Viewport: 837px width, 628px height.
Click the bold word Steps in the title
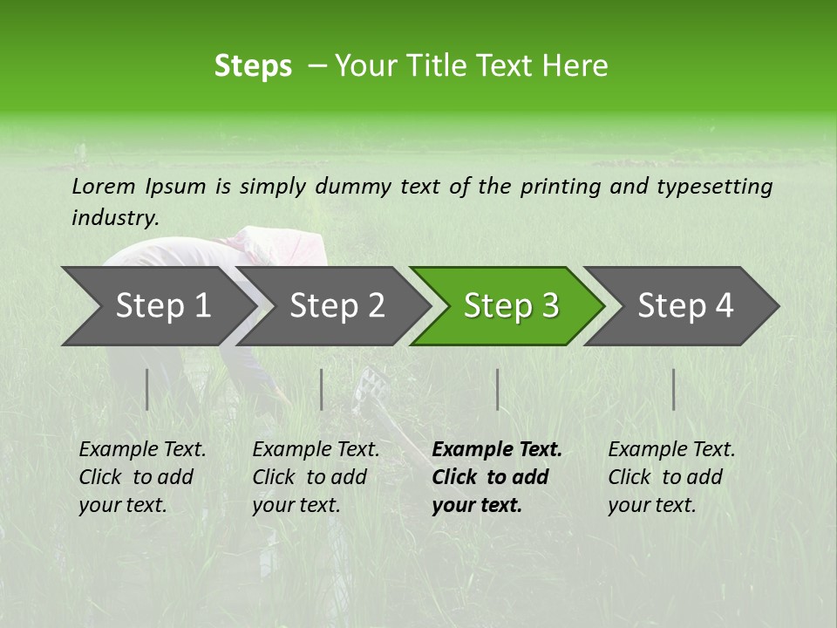[253, 66]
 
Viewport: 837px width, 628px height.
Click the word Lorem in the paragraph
[104, 186]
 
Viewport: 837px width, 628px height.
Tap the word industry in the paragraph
[114, 217]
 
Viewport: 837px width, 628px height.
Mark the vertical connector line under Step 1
[147, 389]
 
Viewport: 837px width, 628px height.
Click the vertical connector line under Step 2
[322, 389]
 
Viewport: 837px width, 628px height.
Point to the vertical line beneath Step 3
[497, 389]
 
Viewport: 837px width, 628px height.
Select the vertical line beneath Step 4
[674, 389]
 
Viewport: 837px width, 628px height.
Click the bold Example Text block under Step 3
[496, 477]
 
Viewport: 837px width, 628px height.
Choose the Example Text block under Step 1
[141, 477]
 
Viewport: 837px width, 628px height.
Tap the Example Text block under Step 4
[670, 477]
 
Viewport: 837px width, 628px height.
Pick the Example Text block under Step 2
[315, 477]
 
